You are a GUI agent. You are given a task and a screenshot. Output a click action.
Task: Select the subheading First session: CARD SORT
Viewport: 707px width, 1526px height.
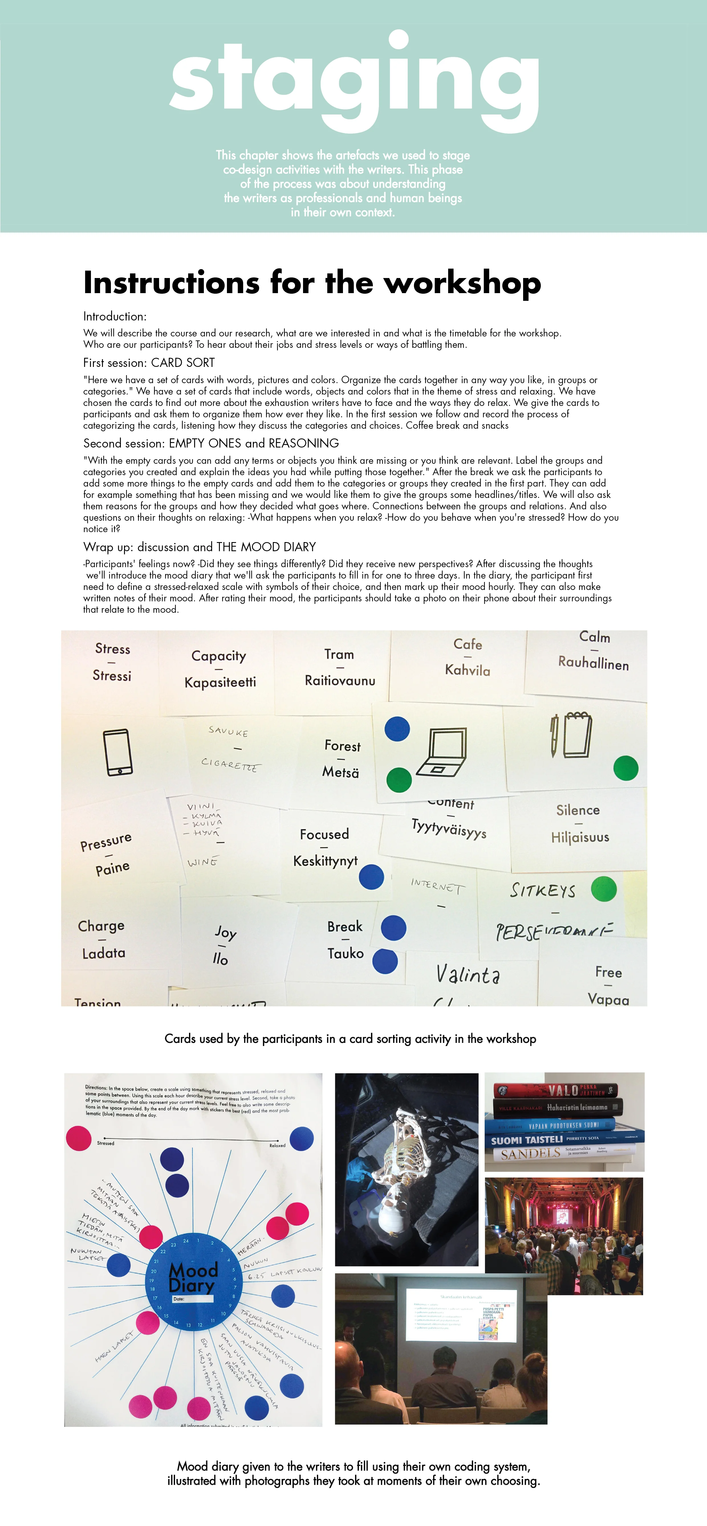pos(149,363)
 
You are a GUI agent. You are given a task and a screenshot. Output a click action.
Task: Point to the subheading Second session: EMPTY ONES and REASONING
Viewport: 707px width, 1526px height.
pos(211,443)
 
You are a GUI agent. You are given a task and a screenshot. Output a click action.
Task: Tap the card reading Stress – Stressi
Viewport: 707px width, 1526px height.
pos(112,662)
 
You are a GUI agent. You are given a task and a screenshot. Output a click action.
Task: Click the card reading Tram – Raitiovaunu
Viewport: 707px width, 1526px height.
pos(340,668)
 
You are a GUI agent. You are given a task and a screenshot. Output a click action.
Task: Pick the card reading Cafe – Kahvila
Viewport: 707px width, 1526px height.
pos(468,657)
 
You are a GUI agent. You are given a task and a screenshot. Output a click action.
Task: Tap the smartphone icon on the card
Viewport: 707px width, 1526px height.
pos(118,752)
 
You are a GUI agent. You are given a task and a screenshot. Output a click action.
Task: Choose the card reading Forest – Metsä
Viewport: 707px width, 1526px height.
pos(341,759)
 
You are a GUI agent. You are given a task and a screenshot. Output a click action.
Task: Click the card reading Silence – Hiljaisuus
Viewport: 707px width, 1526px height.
pos(579,824)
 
